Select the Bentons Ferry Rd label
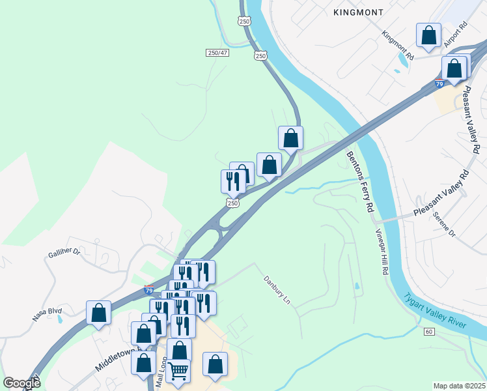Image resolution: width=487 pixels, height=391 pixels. (360, 182)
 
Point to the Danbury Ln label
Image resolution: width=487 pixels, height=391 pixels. (276, 290)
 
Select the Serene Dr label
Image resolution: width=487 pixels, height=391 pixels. (444, 224)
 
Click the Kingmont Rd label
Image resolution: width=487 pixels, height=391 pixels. (398, 45)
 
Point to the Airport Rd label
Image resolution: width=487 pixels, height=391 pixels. (456, 35)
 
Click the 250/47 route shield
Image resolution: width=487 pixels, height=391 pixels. (218, 53)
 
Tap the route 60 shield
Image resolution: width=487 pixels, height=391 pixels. (428, 332)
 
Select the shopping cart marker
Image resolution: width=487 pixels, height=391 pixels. (178, 371)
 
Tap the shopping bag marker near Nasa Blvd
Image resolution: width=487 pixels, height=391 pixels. (98, 312)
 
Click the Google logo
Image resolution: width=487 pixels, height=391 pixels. (21, 383)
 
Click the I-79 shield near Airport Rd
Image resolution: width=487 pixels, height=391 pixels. (439, 84)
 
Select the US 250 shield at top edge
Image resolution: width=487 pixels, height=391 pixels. (244, 22)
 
